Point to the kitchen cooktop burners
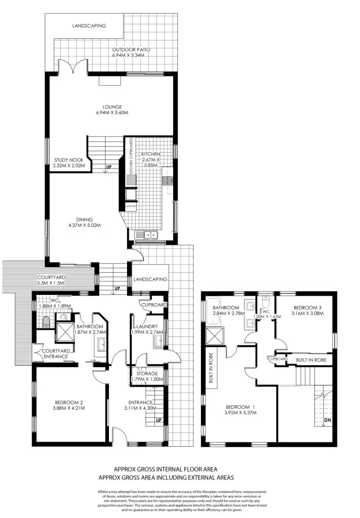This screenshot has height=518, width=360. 168,180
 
